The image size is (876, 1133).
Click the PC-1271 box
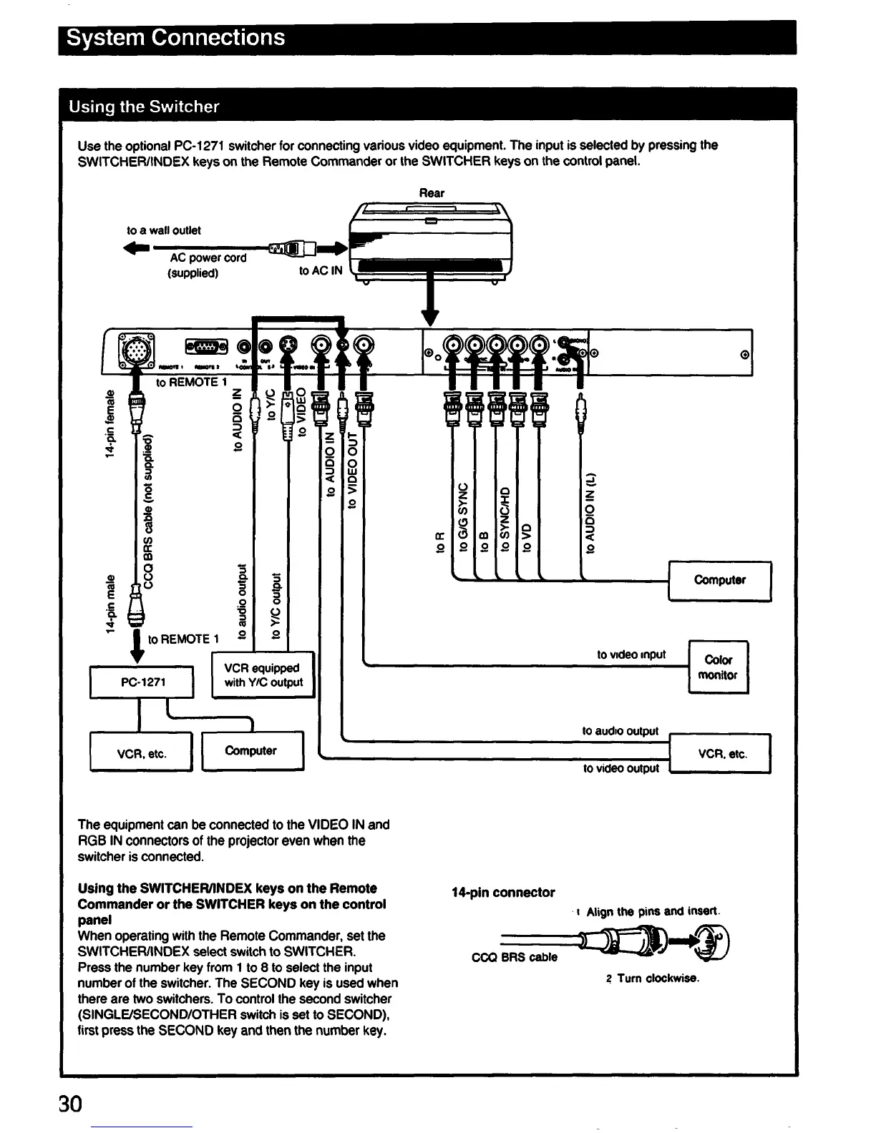(x=142, y=682)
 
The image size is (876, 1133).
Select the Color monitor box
(x=718, y=667)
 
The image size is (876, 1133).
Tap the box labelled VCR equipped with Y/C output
(x=263, y=675)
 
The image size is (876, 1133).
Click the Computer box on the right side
(x=719, y=580)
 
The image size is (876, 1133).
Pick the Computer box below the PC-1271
(x=251, y=751)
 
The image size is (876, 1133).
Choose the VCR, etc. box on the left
(x=141, y=753)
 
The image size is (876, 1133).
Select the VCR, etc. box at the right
(x=721, y=754)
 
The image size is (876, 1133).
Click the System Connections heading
(x=175, y=37)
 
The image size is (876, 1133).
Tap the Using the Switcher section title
(x=144, y=107)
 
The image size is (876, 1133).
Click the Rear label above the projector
(x=432, y=193)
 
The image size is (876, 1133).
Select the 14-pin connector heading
(x=503, y=892)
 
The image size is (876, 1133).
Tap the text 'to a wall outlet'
(x=164, y=230)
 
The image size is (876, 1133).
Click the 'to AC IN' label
(x=321, y=270)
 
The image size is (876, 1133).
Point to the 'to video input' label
(x=631, y=654)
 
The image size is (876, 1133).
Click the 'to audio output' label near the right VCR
(x=620, y=731)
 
